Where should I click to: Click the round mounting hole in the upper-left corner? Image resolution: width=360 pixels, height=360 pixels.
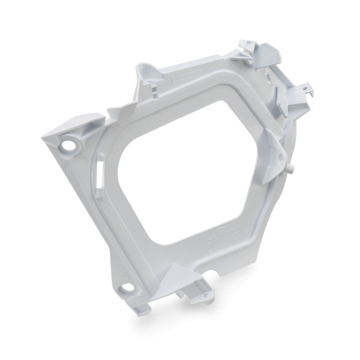pos(70,145)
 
